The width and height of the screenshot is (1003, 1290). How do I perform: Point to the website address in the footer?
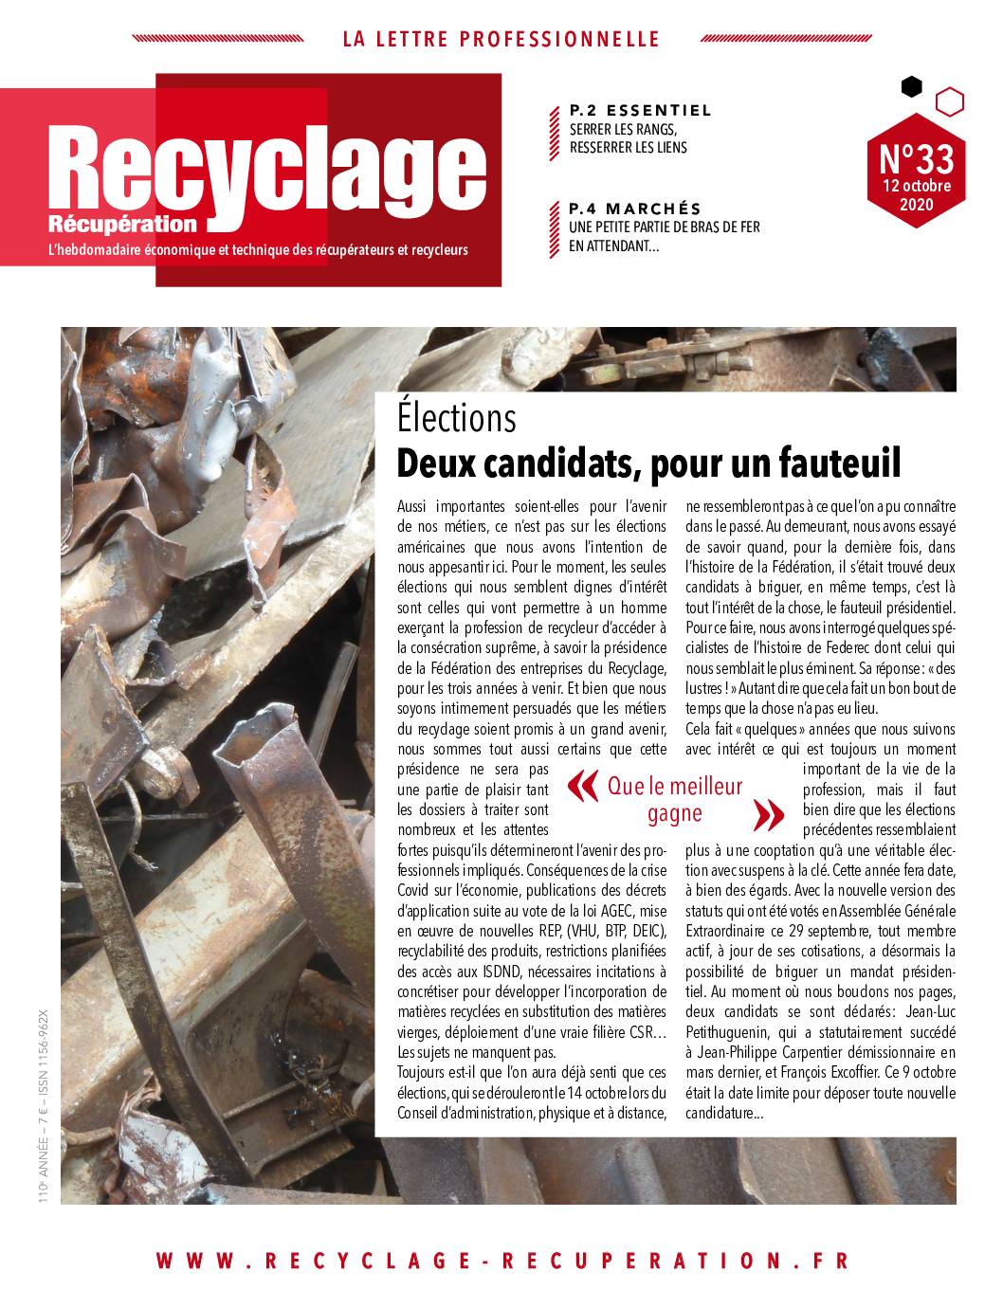501,1261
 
